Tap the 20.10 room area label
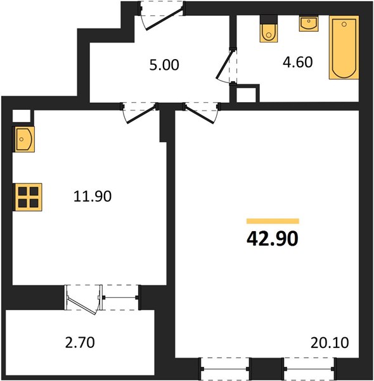330,342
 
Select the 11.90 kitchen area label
93,196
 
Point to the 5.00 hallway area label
164,65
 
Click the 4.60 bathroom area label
297,62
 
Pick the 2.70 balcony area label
80,342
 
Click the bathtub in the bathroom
344,48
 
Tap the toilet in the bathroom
269,29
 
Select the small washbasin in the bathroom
309,23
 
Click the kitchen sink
23,139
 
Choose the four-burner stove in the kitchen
27,197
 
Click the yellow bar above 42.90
273,221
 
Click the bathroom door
225,66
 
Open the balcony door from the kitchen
83,300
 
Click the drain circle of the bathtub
344,24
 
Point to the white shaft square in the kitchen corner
22,116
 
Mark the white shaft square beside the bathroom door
246,95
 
